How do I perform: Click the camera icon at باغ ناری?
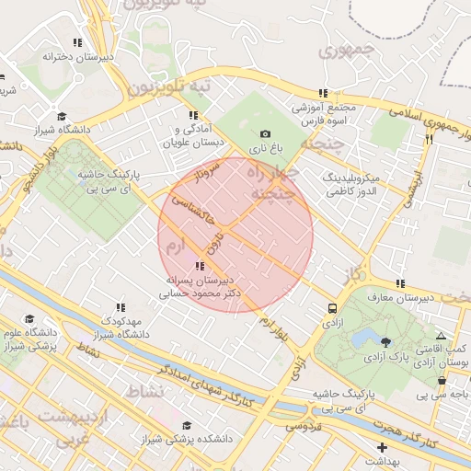[x=266, y=134]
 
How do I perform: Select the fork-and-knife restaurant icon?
[x=429, y=139]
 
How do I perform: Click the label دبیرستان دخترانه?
[x=80, y=56]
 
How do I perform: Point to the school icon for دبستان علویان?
[x=193, y=116]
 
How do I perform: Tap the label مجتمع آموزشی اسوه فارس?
[x=323, y=114]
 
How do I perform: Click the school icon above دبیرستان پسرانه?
[x=201, y=266]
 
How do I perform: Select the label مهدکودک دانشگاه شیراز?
[x=120, y=326]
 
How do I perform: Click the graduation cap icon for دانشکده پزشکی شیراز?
[x=188, y=426]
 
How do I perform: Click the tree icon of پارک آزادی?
[x=385, y=341]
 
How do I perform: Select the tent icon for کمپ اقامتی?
[x=442, y=337]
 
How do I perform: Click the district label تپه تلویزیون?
[x=169, y=87]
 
